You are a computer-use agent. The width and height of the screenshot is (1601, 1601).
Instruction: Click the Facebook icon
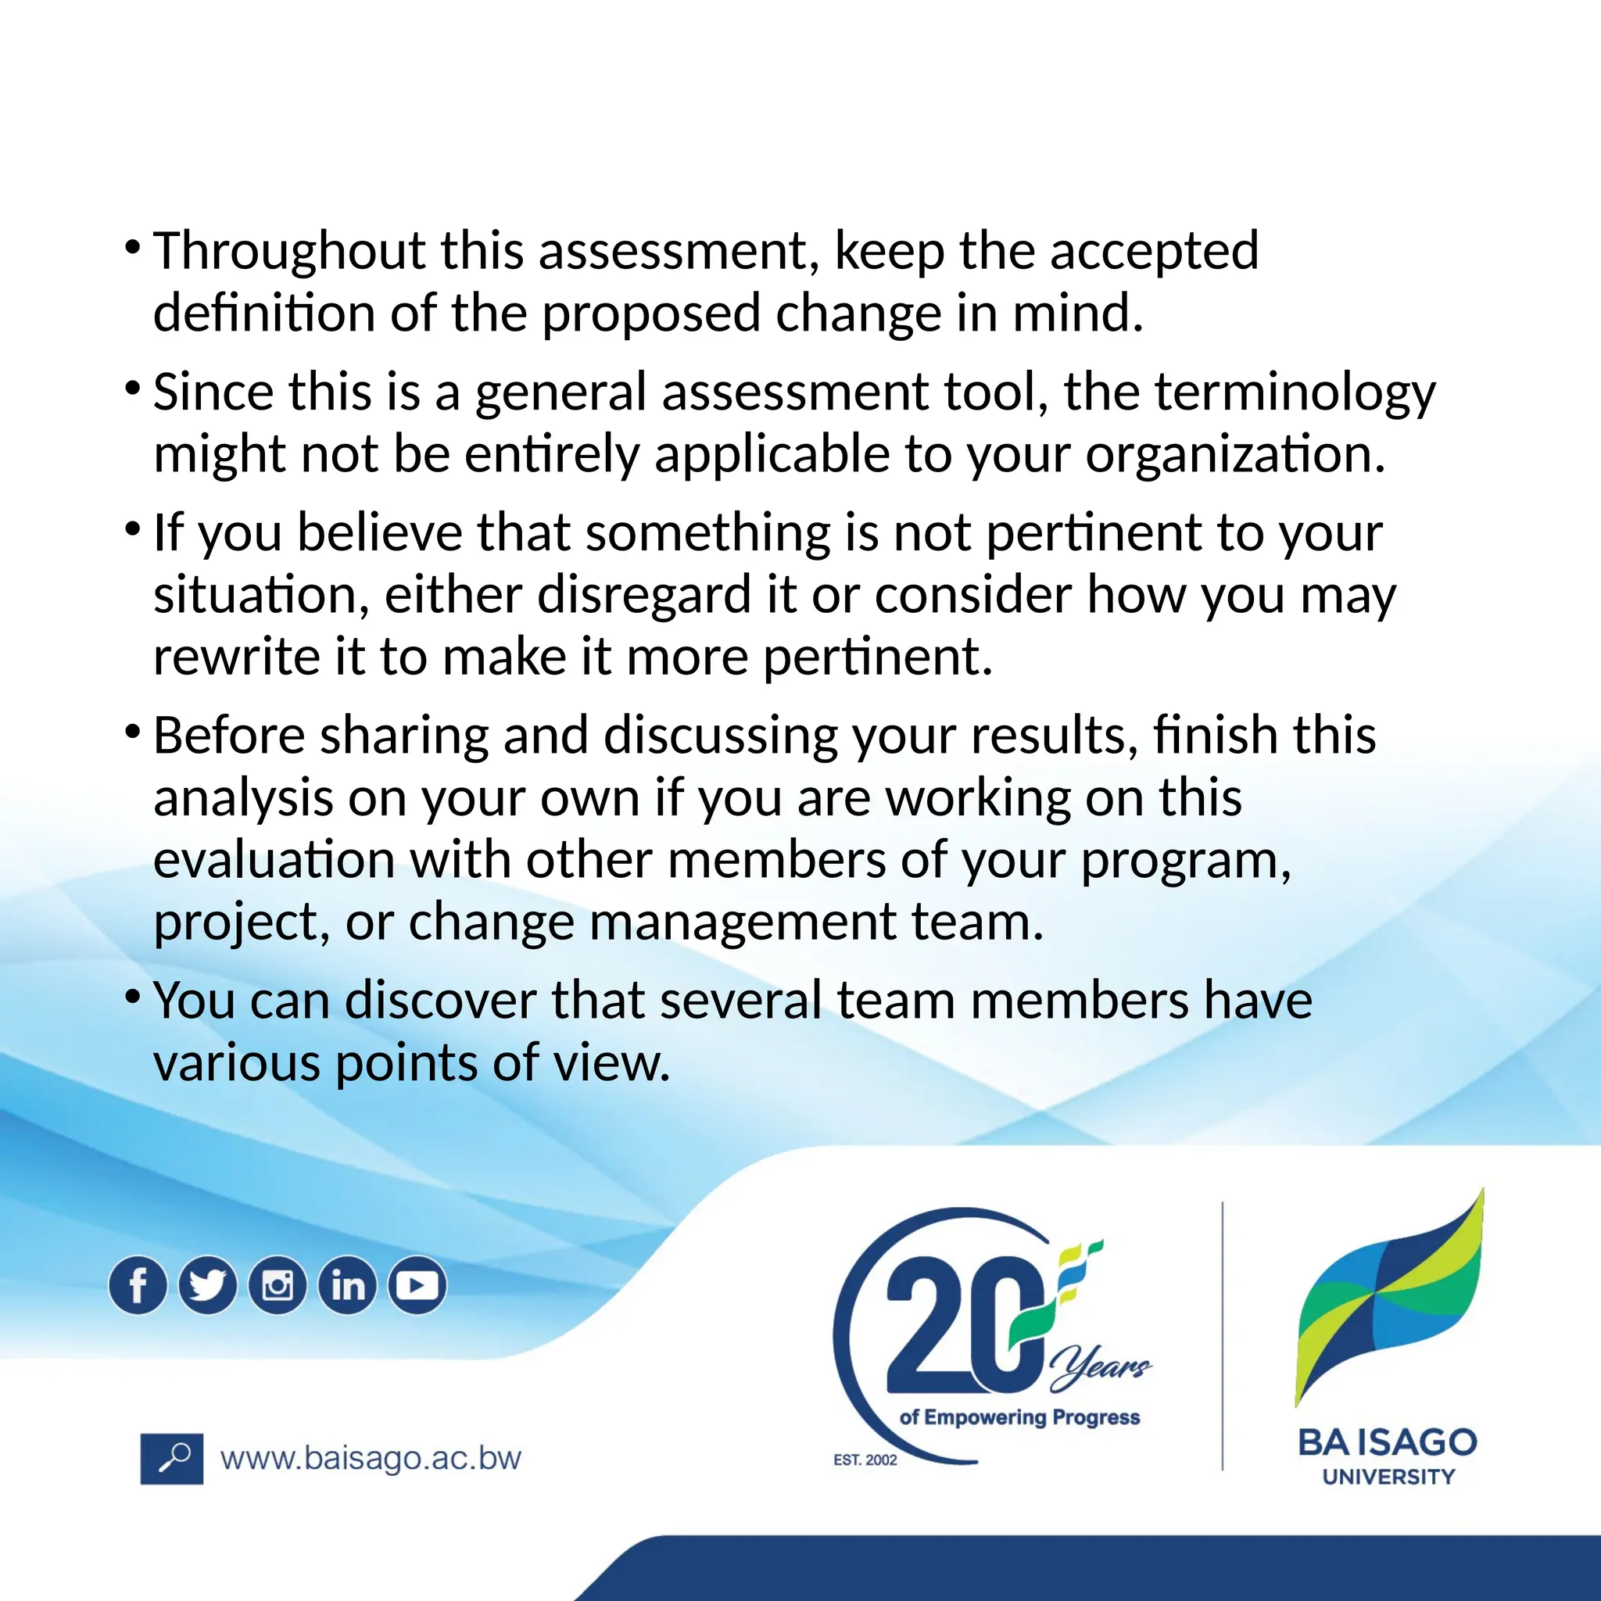(138, 1285)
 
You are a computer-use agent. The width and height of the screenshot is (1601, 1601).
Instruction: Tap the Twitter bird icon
(207, 1285)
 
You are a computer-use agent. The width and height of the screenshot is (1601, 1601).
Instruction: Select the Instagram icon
(278, 1285)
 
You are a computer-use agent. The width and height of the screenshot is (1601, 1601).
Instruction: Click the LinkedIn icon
(348, 1285)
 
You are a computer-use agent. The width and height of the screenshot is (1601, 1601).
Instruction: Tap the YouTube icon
(417, 1285)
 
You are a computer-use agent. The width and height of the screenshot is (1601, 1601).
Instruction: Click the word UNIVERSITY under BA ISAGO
(1388, 1477)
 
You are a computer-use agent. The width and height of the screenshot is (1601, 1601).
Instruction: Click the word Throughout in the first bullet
(289, 251)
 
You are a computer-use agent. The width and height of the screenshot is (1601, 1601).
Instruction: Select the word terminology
(1295, 392)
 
